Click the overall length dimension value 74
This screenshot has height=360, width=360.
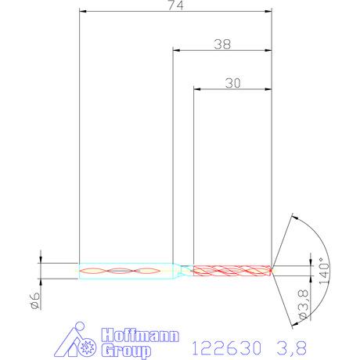coord(176,5)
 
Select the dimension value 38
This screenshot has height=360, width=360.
coord(222,45)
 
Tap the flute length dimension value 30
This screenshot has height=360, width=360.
coord(232,83)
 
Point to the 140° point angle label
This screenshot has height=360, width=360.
coord(324,271)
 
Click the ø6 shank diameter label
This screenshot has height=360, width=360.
coord(35,301)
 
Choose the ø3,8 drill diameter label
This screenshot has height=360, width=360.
coord(304,304)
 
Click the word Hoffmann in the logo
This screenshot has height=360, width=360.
coord(140,336)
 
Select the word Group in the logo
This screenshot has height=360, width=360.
coord(126,351)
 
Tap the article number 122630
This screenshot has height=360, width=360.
coord(226,348)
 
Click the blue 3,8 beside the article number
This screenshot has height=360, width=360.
coord(291,348)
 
